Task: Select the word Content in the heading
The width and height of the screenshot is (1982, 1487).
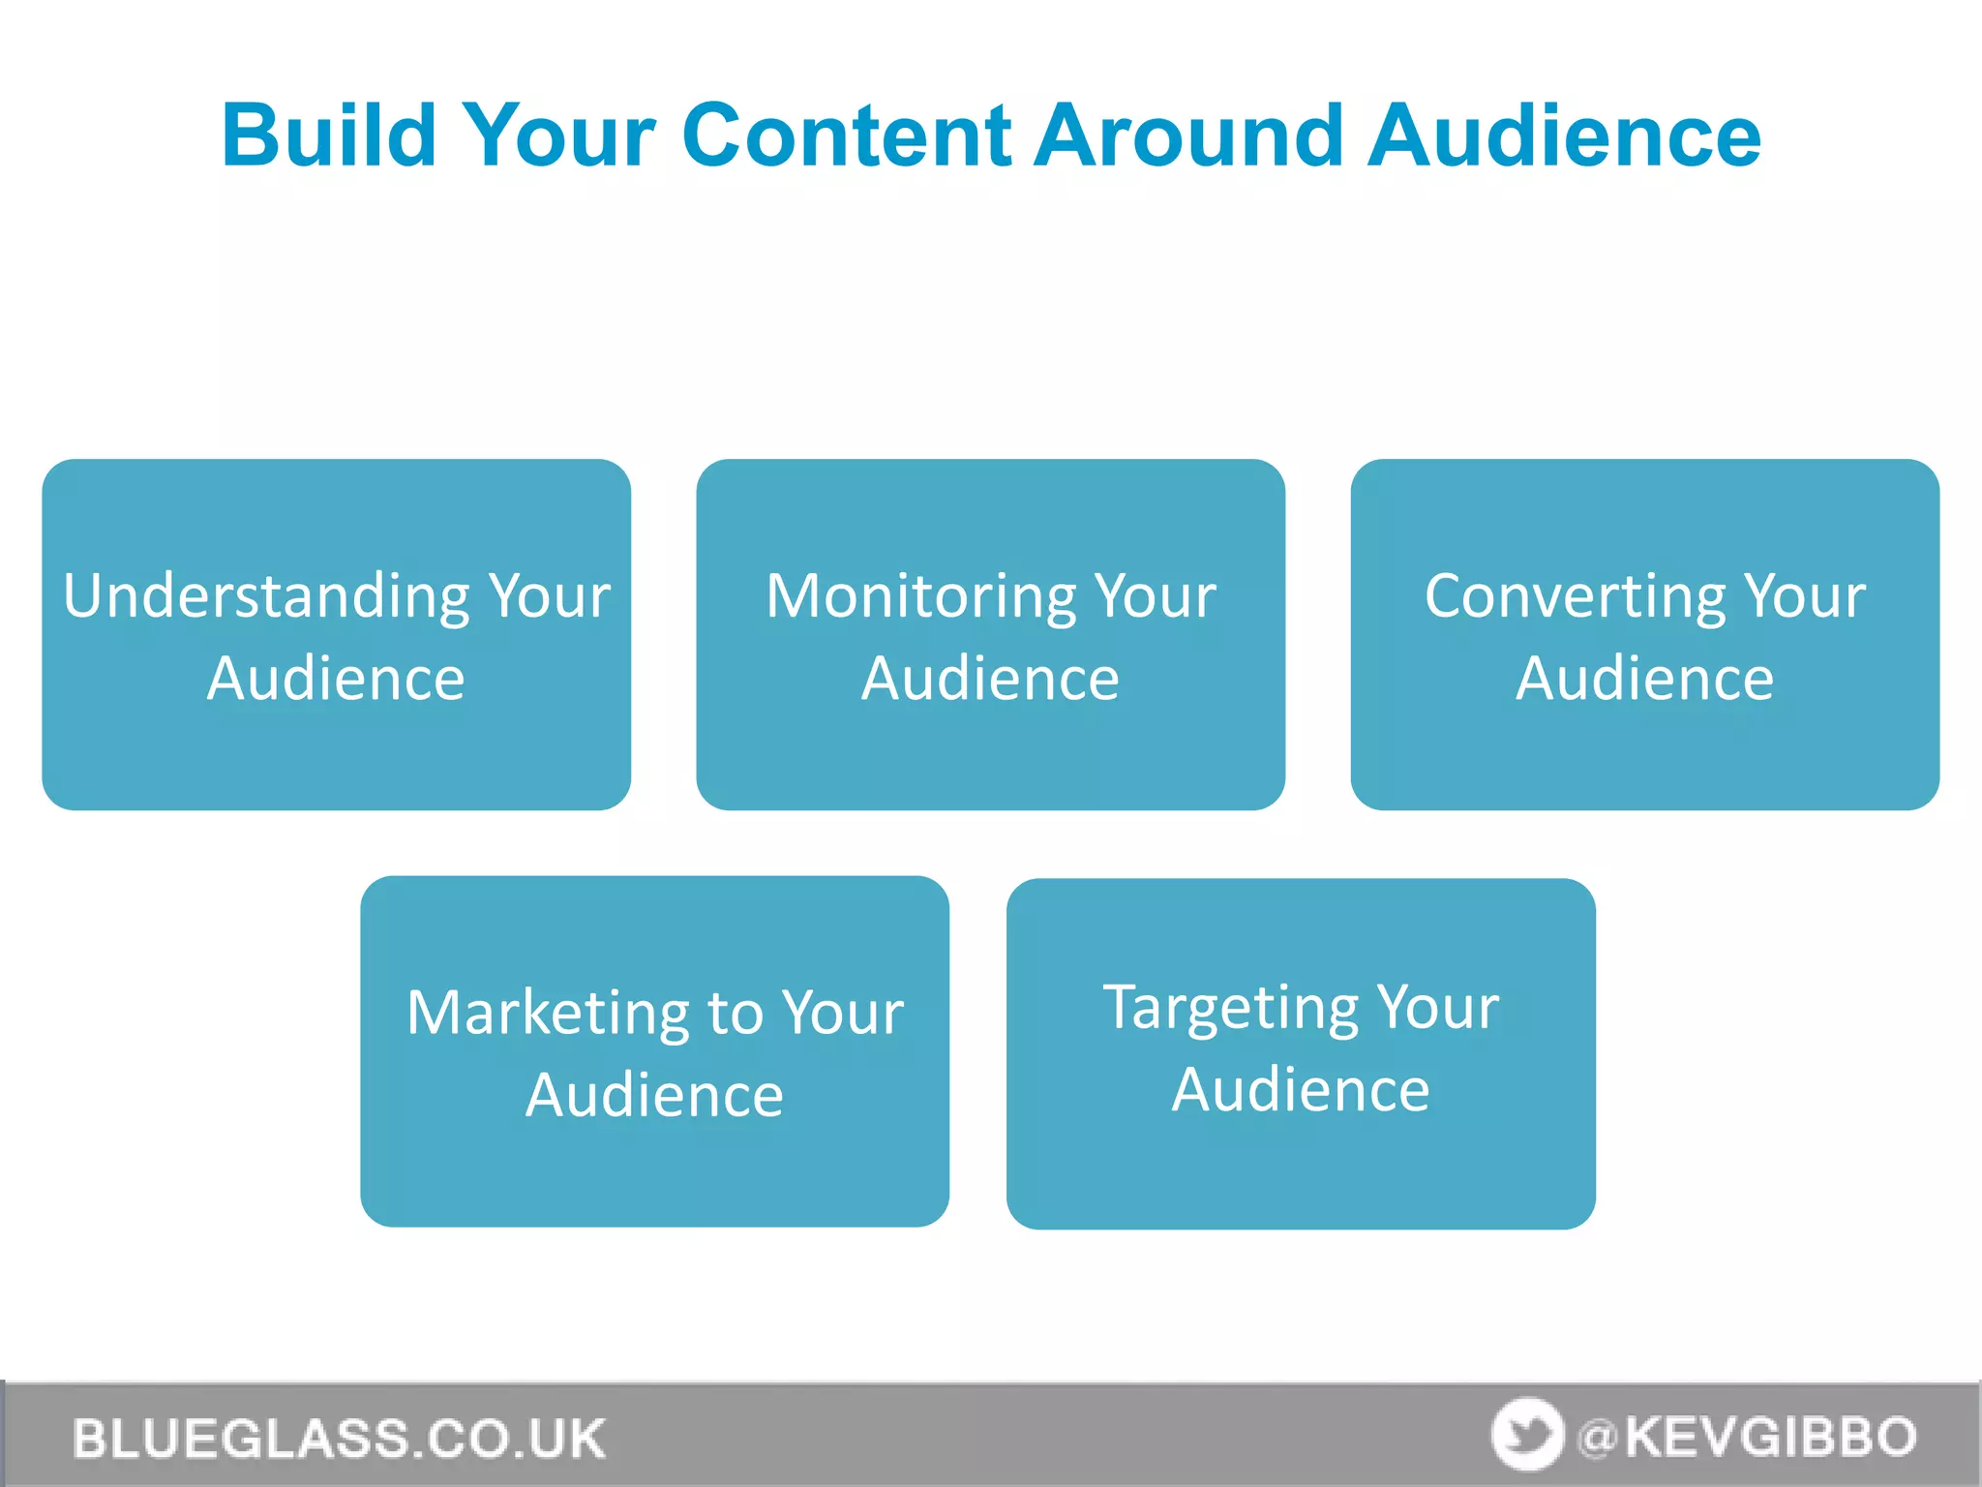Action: click(847, 136)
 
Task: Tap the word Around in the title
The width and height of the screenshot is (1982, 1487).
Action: click(1189, 136)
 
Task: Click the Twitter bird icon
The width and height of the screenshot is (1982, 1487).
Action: click(1527, 1435)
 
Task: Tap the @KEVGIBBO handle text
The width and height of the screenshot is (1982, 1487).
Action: click(1747, 1437)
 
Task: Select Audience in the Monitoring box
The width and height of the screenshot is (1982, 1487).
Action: click(990, 678)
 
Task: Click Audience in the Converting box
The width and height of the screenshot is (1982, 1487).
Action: click(1644, 678)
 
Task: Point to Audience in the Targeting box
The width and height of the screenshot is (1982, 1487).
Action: click(1301, 1090)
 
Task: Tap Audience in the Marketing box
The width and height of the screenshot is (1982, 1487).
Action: click(654, 1095)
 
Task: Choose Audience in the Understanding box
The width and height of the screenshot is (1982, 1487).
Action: click(336, 678)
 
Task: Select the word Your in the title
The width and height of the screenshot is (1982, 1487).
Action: click(559, 136)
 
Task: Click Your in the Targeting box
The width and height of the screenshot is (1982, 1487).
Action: click(1438, 1008)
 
